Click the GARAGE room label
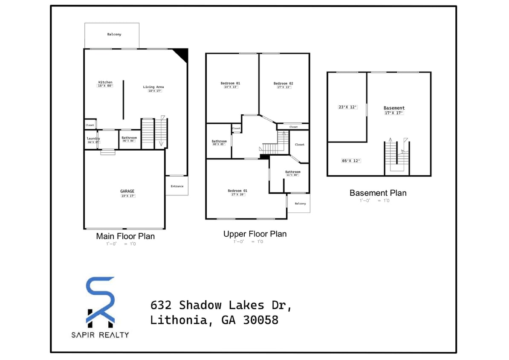(127, 191)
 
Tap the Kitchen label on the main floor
(105, 82)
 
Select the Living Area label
(153, 87)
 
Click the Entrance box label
(177, 186)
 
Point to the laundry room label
(93, 138)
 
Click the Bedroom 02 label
(283, 83)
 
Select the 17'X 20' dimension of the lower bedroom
(237, 195)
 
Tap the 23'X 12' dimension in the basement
(347, 107)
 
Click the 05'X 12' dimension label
(351, 161)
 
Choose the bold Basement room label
(394, 108)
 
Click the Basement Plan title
(378, 193)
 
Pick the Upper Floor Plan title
(255, 234)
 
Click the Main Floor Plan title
(125, 236)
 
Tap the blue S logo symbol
(101, 294)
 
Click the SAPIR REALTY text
(100, 335)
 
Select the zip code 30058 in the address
(260, 320)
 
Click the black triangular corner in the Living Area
(182, 55)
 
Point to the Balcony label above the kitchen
(114, 34)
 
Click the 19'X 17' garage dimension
(127, 196)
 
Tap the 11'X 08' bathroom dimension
(292, 175)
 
